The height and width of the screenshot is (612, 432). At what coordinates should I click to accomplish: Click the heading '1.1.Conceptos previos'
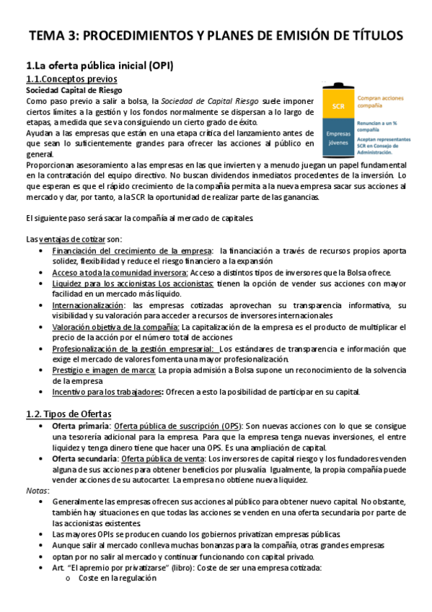click(71, 79)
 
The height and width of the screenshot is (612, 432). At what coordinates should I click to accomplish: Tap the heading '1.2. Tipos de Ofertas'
click(69, 414)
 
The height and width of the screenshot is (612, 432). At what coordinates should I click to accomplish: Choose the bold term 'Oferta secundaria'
click(85, 458)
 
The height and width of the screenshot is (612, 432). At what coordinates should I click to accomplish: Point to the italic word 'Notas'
click(37, 490)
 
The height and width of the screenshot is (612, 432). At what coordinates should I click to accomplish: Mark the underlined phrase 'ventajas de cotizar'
click(69, 239)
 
